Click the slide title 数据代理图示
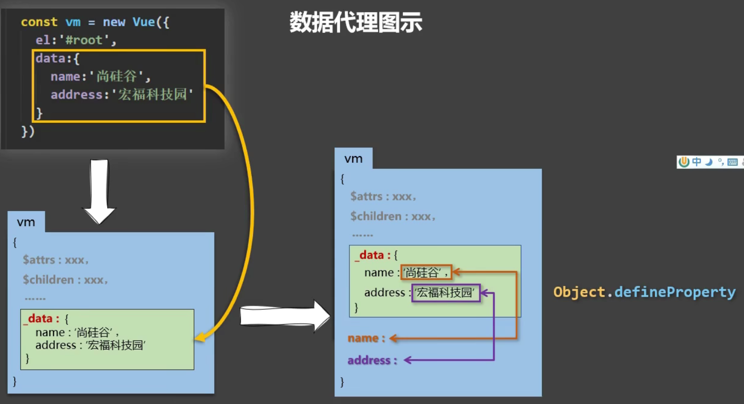pyautogui.click(x=356, y=23)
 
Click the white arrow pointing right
pyautogui.click(x=285, y=316)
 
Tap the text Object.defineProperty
pyautogui.click(x=644, y=292)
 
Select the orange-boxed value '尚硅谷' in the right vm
pyautogui.click(x=426, y=273)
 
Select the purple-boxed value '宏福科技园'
pyautogui.click(x=446, y=293)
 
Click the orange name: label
pyautogui.click(x=366, y=339)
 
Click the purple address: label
pyautogui.click(x=372, y=360)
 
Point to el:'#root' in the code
pyautogui.click(x=76, y=40)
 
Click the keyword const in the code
pyautogui.click(x=39, y=22)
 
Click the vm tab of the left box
pyautogui.click(x=26, y=222)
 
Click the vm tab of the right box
pyautogui.click(x=353, y=159)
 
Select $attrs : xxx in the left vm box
pyautogui.click(x=55, y=260)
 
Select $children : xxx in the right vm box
pyautogui.click(x=393, y=217)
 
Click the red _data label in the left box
pyautogui.click(x=40, y=319)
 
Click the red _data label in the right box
pyautogui.click(x=371, y=255)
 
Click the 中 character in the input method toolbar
pyautogui.click(x=696, y=162)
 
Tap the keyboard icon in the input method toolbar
pyautogui.click(x=732, y=162)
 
